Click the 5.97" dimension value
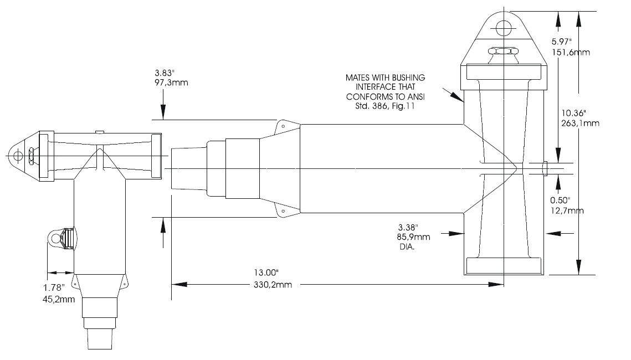(564, 42)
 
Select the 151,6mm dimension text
(571, 53)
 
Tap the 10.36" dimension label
(571, 113)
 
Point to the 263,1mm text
(578, 124)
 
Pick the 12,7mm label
(566, 210)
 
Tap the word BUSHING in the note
(409, 78)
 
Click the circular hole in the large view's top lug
(504, 28)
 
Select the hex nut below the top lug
(504, 52)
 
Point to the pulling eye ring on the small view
(54, 239)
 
